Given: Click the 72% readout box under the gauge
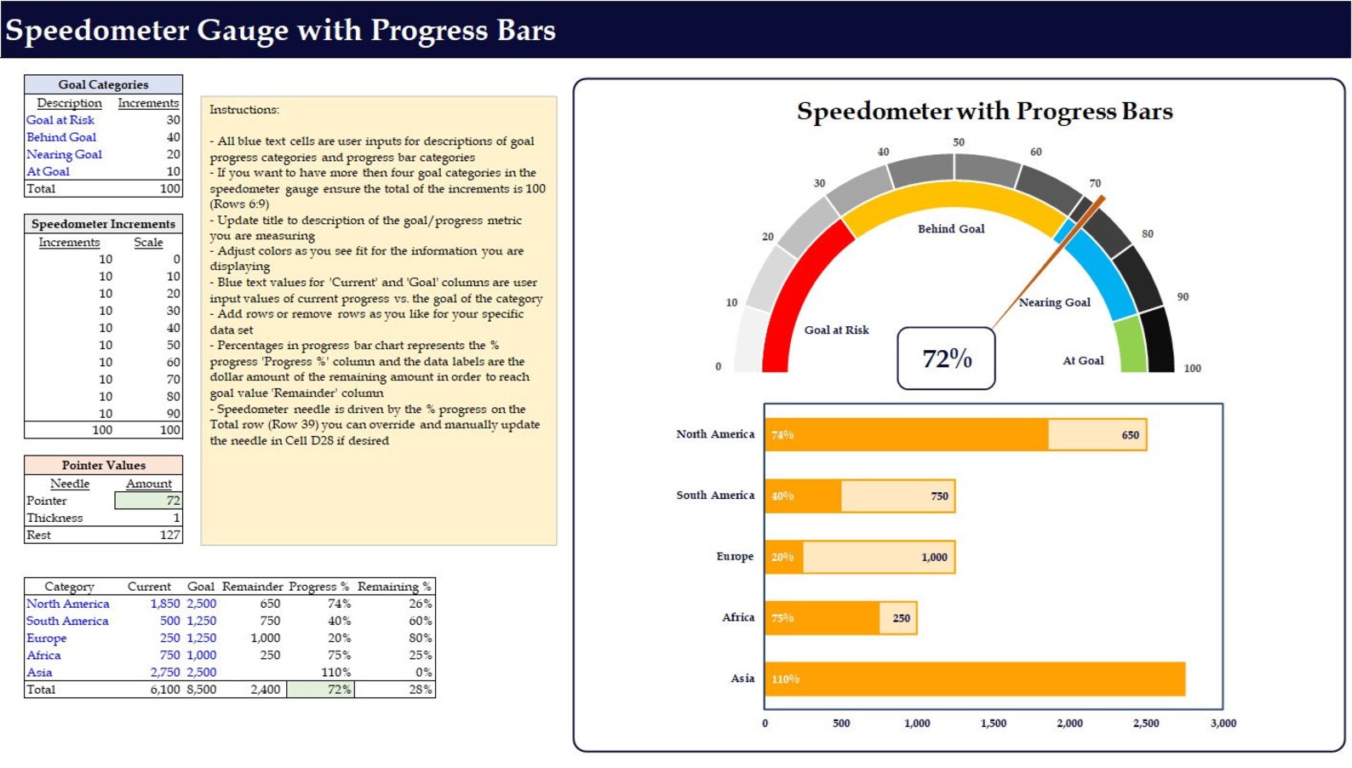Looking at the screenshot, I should pyautogui.click(x=946, y=358).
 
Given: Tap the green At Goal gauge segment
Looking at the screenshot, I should pyautogui.click(x=1131, y=344).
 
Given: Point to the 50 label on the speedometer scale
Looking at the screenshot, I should pyautogui.click(x=959, y=142).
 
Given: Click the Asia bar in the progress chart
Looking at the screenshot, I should pyautogui.click(x=974, y=679).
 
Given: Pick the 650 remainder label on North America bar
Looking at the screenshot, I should pyautogui.click(x=1130, y=435).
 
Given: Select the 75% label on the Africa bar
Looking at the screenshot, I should pyautogui.click(x=782, y=618).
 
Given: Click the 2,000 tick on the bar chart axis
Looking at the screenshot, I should pyautogui.click(x=1069, y=723).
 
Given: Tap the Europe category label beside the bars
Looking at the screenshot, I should pyautogui.click(x=735, y=556).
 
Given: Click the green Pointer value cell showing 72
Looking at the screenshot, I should pyautogui.click(x=149, y=501).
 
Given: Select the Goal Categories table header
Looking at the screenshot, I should pyautogui.click(x=103, y=84).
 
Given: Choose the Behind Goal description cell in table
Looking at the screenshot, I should pyautogui.click(x=61, y=137).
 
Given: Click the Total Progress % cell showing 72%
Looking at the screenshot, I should pyautogui.click(x=321, y=690).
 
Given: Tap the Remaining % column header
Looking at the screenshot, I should pyautogui.click(x=394, y=587).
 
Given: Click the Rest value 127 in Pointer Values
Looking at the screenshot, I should pyautogui.click(x=169, y=536).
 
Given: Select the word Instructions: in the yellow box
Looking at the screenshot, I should pyautogui.click(x=244, y=110).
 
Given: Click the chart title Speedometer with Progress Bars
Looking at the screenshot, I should pyautogui.click(x=984, y=112).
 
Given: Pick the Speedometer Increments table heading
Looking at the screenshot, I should pyautogui.click(x=103, y=224).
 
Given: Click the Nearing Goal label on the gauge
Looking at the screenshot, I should pyautogui.click(x=1054, y=302).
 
